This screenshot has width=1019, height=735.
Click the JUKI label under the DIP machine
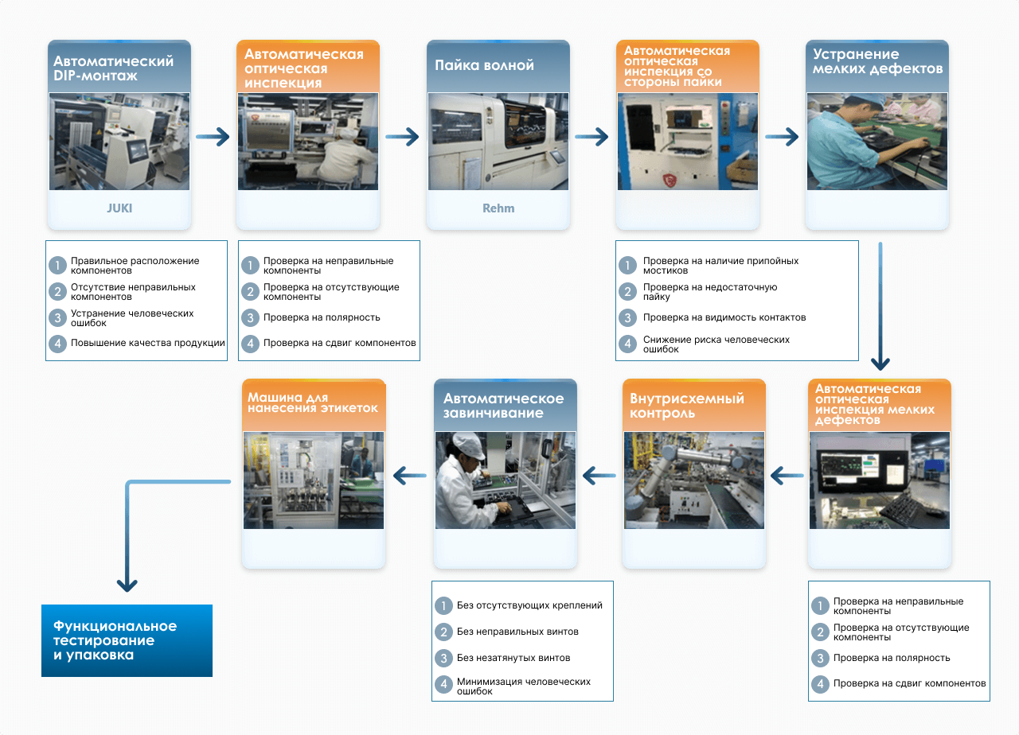[x=119, y=208]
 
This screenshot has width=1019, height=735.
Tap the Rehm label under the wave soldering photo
[x=498, y=208]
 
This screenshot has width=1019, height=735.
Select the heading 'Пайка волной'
[x=484, y=65]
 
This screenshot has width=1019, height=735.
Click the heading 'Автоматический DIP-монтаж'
[x=113, y=68]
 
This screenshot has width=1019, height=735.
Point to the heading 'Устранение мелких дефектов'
[x=877, y=61]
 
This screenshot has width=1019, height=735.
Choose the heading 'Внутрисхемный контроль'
[x=687, y=406]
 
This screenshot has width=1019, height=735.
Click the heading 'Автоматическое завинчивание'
[x=503, y=406]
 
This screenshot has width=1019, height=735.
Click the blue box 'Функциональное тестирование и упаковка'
[x=127, y=640]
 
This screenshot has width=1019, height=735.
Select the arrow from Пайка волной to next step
[x=592, y=138]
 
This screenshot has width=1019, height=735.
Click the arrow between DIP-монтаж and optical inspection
[x=213, y=138]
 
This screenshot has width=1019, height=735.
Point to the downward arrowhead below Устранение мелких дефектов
[x=880, y=363]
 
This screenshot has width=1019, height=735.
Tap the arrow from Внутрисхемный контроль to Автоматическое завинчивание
[x=599, y=476]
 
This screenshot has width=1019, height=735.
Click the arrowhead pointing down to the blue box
[x=127, y=584]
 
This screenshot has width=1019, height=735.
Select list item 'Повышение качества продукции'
[x=148, y=344]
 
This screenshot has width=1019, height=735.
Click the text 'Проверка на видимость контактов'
[x=724, y=317]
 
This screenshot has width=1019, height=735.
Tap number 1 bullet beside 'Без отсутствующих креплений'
[x=443, y=605]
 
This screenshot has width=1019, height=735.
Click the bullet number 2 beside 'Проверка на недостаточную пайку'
[x=629, y=292]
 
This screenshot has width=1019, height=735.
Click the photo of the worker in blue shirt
[x=876, y=142]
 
